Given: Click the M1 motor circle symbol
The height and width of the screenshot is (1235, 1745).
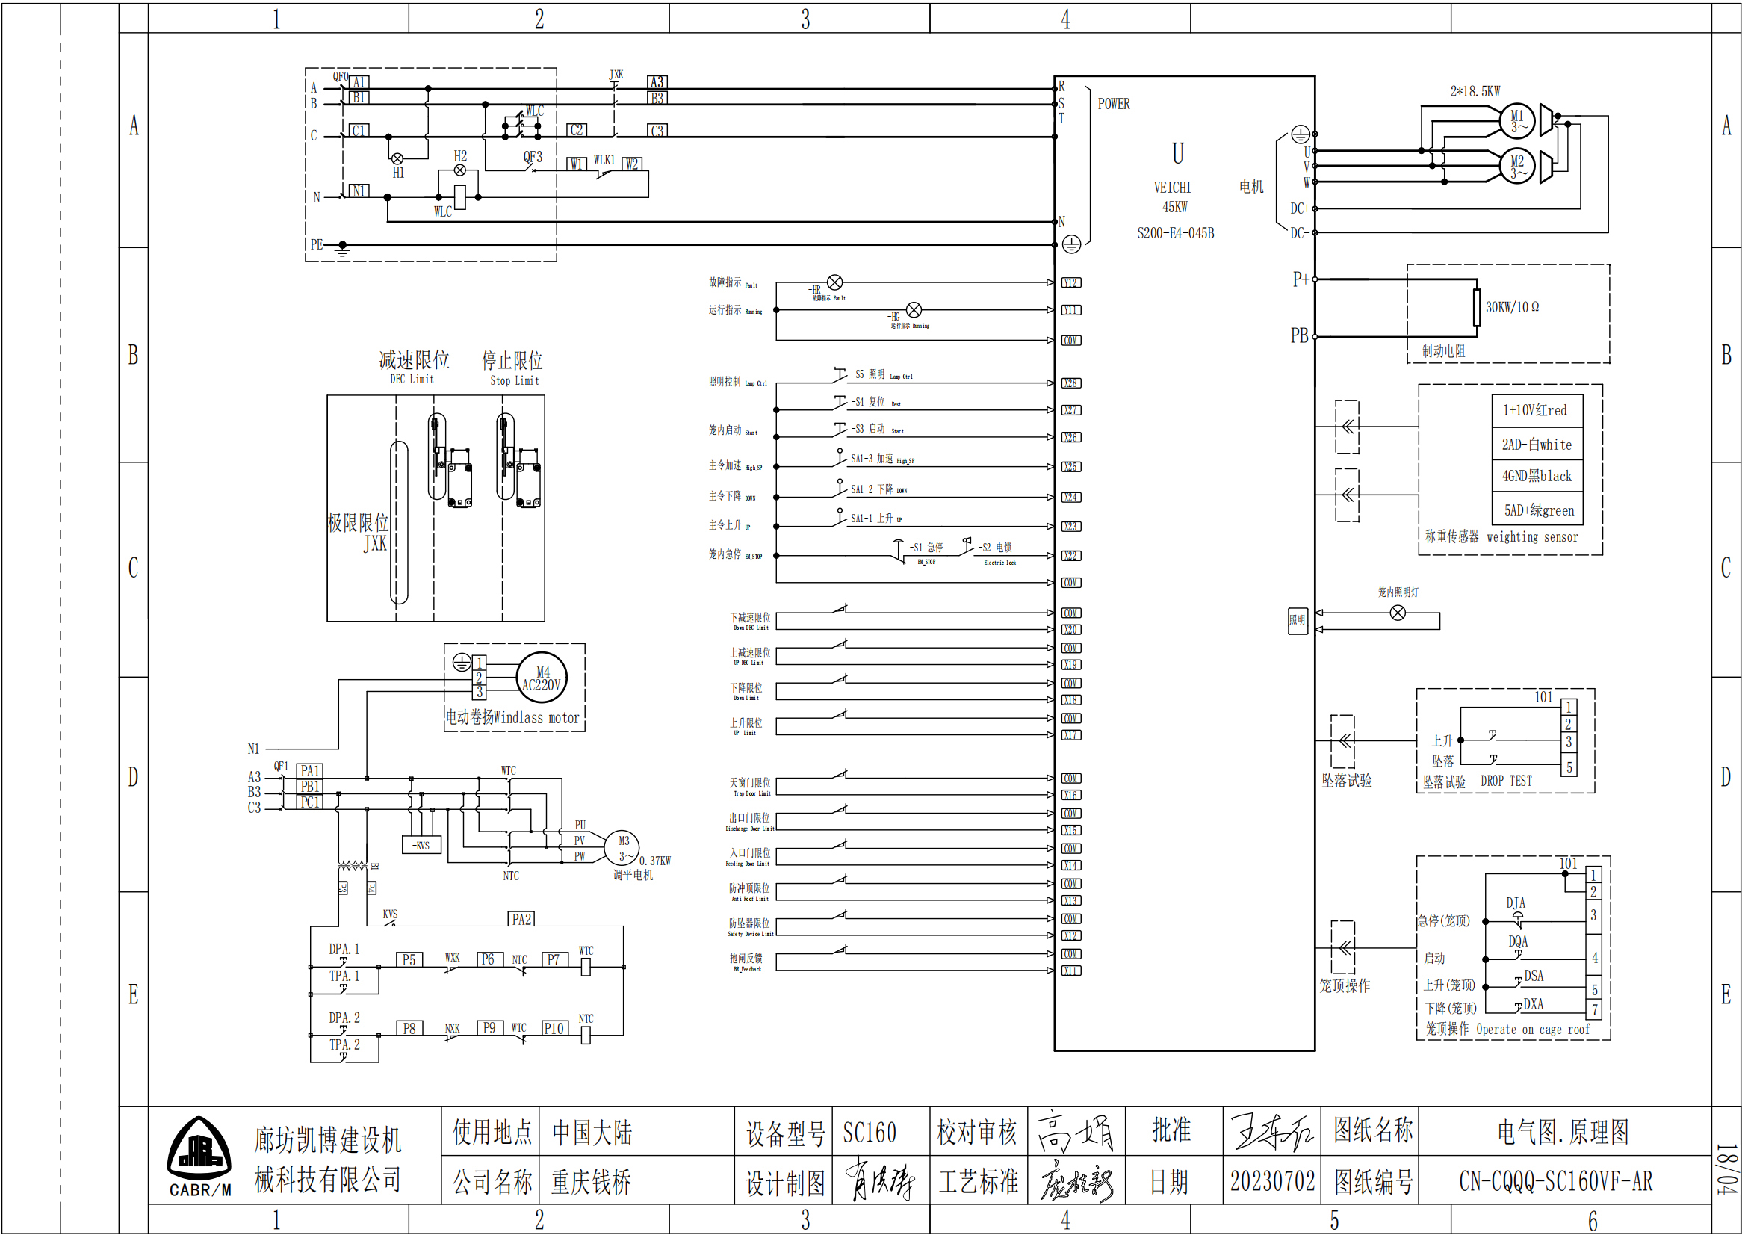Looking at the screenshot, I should tap(1517, 120).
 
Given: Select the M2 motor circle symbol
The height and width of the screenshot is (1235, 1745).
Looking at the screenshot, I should tap(1517, 166).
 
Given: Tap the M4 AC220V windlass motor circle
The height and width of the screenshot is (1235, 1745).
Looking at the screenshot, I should tap(542, 678).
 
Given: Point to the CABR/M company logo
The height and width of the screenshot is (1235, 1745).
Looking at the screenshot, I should tap(200, 1157).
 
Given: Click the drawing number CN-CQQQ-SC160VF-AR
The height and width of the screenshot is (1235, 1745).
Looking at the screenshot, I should tap(1556, 1181).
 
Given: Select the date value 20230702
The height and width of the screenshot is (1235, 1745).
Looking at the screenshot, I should tap(1272, 1181).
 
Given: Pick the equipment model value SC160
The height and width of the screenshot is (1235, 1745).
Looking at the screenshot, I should tap(869, 1133).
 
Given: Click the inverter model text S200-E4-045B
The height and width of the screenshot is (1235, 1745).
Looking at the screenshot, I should tap(1176, 233).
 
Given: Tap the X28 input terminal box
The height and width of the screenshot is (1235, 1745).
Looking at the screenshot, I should tap(1070, 383).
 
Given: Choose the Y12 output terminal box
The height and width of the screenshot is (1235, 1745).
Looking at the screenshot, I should tap(1070, 283).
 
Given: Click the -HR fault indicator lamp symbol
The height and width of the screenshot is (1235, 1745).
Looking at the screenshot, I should tap(835, 283).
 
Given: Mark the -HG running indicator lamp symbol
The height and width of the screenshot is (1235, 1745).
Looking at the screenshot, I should tap(914, 310).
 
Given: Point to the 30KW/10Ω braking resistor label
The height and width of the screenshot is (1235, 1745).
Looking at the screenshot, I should tap(1513, 307).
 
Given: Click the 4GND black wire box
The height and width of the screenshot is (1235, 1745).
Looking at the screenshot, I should tap(1537, 476).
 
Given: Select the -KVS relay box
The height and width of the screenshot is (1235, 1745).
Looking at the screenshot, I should tap(421, 846).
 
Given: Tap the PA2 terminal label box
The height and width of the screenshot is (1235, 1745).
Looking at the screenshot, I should tap(521, 920).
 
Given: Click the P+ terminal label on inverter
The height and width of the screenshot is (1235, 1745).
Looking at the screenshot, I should tap(1301, 280).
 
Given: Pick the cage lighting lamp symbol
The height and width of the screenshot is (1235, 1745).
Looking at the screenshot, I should tap(1398, 613).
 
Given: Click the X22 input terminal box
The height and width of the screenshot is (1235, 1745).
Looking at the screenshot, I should tap(1070, 556).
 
